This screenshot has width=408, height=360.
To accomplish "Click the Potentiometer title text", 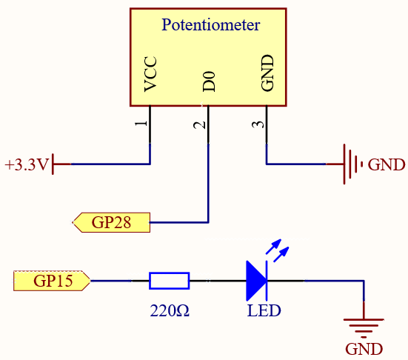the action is click(211, 25).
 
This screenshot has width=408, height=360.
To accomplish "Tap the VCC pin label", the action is click(150, 74).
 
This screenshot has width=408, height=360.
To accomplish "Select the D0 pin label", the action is click(209, 81).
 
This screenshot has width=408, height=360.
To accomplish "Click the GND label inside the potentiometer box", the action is click(267, 73).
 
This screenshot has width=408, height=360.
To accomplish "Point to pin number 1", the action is click(141, 124).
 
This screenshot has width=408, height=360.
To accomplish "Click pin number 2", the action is click(200, 125).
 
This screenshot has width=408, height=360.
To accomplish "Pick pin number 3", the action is click(258, 124).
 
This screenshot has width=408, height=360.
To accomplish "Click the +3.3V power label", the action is click(27, 164).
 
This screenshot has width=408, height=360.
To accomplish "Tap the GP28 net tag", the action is click(111, 222).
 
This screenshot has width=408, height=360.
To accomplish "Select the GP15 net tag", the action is click(52, 281).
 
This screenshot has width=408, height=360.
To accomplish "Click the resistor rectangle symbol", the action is click(169, 281).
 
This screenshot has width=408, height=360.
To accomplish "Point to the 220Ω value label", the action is click(170, 310).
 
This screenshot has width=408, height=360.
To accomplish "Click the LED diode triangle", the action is click(256, 281).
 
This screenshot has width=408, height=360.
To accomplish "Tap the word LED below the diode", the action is click(264, 310).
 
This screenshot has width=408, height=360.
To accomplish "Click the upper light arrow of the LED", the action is click(273, 246).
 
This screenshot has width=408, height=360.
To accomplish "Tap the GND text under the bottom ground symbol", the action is click(364, 349).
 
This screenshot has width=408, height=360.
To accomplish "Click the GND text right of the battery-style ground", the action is click(386, 164).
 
